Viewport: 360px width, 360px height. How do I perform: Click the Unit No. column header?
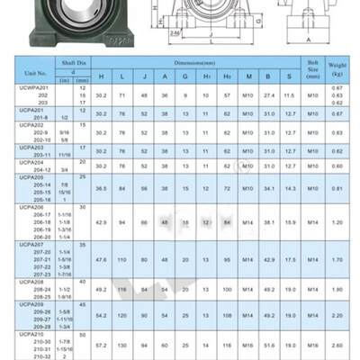point(35,71)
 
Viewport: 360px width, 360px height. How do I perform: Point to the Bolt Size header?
point(311,66)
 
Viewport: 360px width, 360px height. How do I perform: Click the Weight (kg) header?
point(337,66)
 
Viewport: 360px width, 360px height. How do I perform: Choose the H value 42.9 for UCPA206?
point(101,220)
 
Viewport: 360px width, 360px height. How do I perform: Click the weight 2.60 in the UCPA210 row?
point(337,345)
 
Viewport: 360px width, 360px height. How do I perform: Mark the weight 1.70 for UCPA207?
point(337,259)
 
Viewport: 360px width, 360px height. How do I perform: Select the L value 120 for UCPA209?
point(122,317)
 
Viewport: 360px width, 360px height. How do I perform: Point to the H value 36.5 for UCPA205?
point(101,188)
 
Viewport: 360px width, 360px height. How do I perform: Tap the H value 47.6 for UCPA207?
point(101,259)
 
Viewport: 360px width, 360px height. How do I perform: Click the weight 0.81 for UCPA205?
point(337,188)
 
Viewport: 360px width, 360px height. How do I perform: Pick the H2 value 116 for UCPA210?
point(228,345)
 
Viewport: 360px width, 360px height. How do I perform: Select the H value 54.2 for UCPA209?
point(101,317)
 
